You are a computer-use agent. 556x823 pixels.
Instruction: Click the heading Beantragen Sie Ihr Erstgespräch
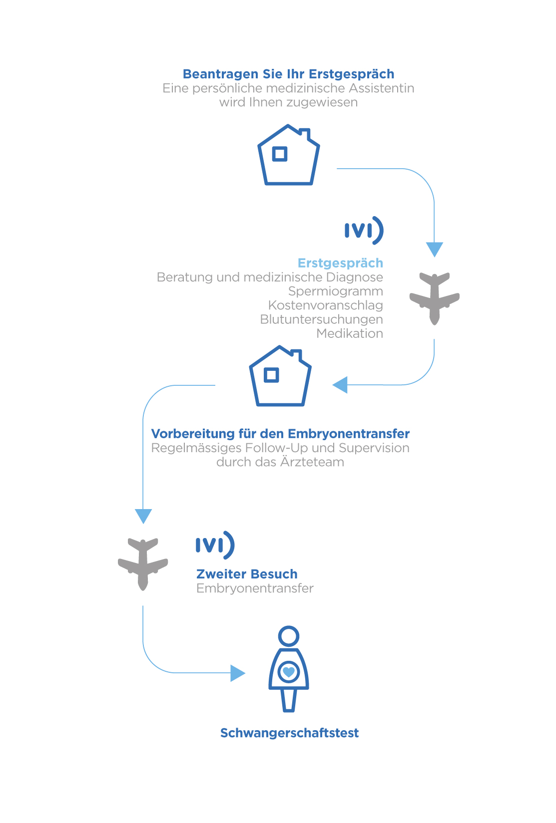288,74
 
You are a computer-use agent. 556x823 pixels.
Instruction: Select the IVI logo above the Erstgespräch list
364,231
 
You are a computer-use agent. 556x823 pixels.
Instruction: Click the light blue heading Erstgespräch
340,264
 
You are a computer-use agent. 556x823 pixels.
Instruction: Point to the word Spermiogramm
335,291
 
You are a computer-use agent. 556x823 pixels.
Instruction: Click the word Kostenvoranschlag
325,305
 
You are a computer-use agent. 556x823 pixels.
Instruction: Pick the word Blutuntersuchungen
321,319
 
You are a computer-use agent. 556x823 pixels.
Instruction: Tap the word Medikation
350,333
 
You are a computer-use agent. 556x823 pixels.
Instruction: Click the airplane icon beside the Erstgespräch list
434,298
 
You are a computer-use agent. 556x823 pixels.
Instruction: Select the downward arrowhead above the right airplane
434,249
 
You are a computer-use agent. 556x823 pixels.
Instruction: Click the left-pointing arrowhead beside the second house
340,385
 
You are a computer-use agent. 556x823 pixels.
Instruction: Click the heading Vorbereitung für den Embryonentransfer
280,434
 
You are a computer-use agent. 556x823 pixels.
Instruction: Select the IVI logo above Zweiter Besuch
215,545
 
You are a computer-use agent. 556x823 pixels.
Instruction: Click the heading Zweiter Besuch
247,574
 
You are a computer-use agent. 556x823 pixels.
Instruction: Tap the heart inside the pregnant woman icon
289,672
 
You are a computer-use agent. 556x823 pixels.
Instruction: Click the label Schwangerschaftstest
289,733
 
